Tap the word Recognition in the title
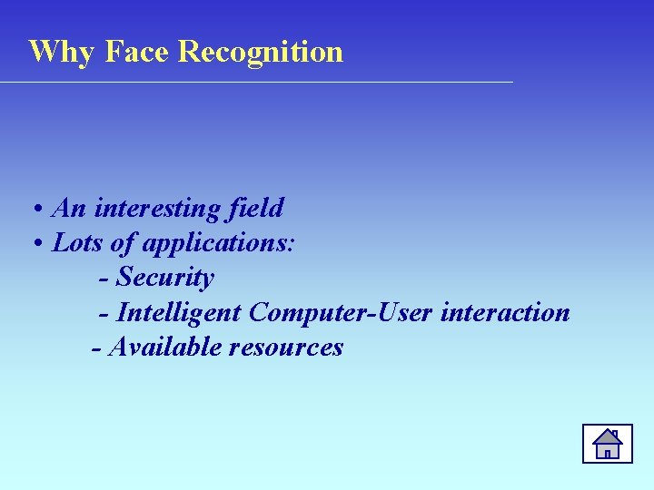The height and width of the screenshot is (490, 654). click(x=261, y=52)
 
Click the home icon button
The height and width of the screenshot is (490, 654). click(x=607, y=444)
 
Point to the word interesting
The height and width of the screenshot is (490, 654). click(x=157, y=209)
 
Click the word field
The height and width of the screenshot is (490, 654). click(x=255, y=209)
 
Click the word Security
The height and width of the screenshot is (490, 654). click(x=166, y=278)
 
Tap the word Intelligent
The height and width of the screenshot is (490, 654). click(x=180, y=313)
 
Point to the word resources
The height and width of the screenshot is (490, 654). click(x=286, y=348)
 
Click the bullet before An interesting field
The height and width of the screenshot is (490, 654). click(x=39, y=210)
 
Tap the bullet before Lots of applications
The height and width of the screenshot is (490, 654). click(x=39, y=244)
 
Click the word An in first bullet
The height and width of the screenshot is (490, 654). click(x=70, y=209)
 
